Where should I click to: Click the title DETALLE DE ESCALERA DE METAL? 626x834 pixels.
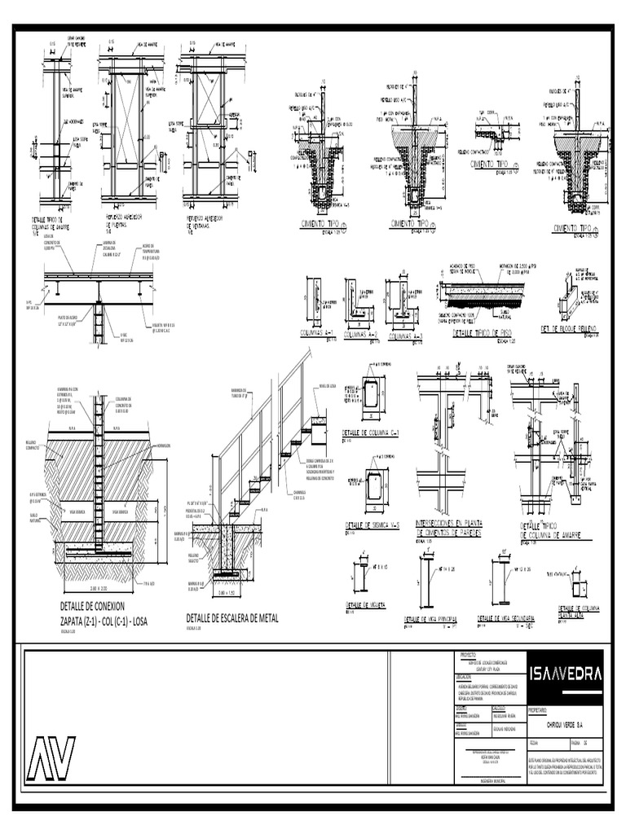pos(231,618)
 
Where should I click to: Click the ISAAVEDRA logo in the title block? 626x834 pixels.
pos(566,674)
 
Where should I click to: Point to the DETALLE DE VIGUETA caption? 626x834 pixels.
pos(365,605)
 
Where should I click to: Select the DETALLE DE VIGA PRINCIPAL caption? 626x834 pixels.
pos(430,619)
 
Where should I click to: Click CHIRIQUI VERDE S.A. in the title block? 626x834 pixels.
pos(565,723)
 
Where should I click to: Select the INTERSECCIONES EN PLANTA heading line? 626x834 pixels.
pos(447,524)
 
